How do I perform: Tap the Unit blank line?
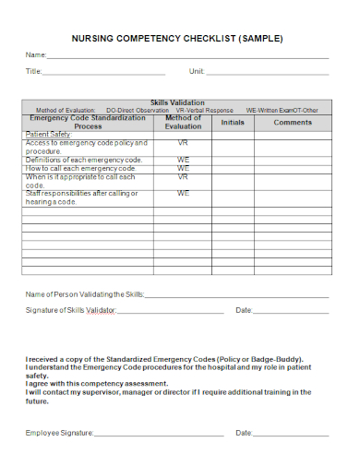pos(267,73)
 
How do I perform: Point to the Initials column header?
pos(233,122)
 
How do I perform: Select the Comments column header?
pos(293,122)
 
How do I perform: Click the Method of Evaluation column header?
pos(183,122)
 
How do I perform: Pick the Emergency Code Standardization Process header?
pos(88,122)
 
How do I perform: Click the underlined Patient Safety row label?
pos(47,135)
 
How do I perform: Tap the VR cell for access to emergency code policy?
pos(183,144)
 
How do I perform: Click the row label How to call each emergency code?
pos(81,169)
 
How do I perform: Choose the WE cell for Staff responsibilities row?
pos(183,194)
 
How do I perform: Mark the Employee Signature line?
pos(159,434)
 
